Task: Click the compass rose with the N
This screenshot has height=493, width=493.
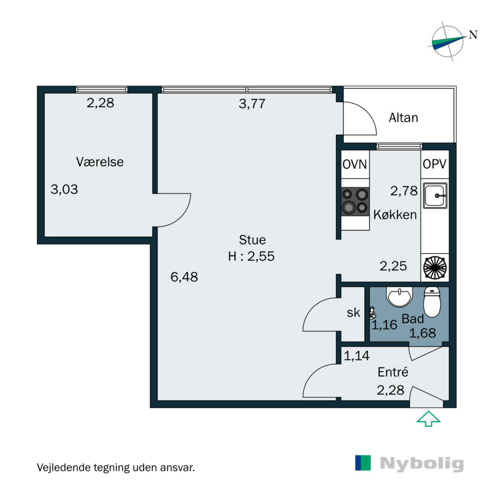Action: (449, 41)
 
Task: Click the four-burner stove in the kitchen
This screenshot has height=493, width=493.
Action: (356, 202)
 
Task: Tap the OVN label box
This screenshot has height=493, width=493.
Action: (356, 165)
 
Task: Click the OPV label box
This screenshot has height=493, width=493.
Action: (435, 165)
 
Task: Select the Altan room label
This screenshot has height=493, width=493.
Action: (403, 118)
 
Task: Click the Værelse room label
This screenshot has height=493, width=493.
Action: (100, 162)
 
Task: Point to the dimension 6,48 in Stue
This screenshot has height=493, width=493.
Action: (184, 277)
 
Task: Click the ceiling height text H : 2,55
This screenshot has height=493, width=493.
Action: (251, 256)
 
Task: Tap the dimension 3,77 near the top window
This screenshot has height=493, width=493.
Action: (251, 104)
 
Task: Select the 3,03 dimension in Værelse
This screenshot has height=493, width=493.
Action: (64, 190)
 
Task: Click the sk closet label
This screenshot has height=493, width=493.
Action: (353, 313)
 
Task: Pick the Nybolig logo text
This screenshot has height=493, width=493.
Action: (422, 464)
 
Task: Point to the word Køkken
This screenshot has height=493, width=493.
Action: (395, 216)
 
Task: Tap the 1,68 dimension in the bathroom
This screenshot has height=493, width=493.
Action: (423, 333)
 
